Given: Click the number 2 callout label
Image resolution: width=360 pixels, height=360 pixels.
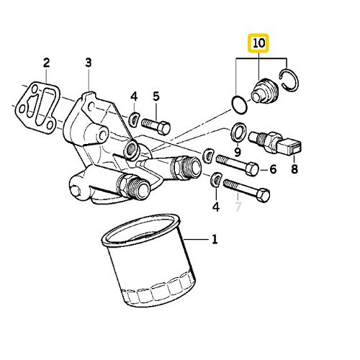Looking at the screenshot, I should pos(45,62).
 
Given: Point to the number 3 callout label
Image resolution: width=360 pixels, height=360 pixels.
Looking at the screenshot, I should pos(89,63).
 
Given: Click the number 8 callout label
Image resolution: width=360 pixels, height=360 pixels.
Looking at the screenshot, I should pos(293,170).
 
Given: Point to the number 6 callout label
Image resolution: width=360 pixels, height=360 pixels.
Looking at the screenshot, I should pos(273,170).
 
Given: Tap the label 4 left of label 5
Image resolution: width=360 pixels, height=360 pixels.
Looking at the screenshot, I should pos(133,96).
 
